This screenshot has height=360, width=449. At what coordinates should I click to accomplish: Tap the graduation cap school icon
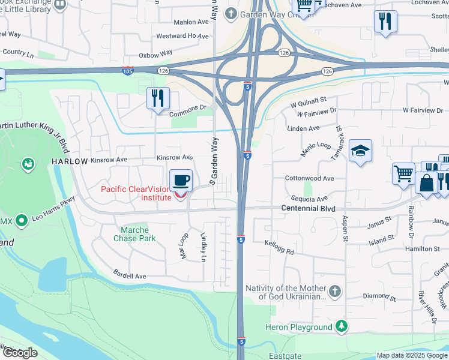(360, 150)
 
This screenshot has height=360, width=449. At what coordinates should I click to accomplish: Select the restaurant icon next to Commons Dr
(158, 98)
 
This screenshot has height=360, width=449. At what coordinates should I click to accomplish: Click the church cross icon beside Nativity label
(335, 292)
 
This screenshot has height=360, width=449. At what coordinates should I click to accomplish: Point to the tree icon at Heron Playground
(342, 326)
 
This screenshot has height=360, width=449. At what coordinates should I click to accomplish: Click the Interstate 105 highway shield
(127, 70)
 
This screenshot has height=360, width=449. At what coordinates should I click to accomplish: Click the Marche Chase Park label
(139, 234)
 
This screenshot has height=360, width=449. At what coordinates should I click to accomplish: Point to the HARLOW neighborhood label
(70, 161)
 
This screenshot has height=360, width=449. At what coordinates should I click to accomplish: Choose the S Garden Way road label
(213, 160)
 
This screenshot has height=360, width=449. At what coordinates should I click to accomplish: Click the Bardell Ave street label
(130, 276)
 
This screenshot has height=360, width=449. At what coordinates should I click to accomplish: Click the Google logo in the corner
(20, 353)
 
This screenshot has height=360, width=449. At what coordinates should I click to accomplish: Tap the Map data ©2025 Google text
(412, 355)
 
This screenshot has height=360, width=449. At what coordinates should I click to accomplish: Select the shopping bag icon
(427, 183)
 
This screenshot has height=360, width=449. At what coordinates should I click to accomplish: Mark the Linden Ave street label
(304, 128)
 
